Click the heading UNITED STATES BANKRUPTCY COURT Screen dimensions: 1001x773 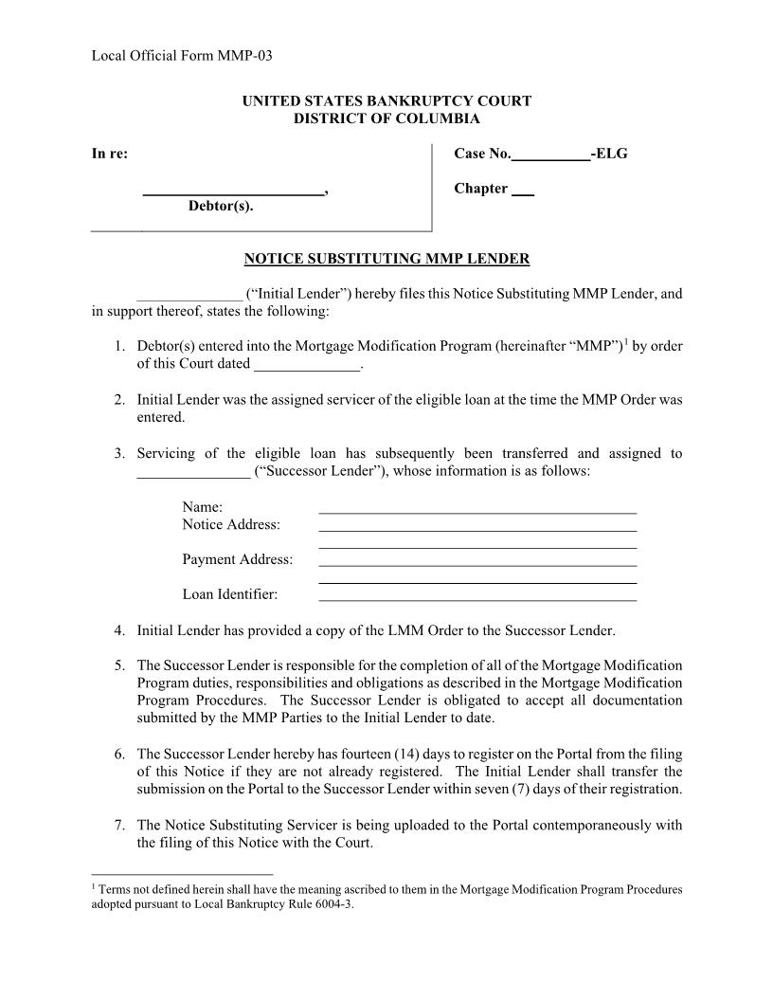(x=386, y=100)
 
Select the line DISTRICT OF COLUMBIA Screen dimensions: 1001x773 (x=386, y=118)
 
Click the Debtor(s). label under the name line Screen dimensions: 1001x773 (x=221, y=206)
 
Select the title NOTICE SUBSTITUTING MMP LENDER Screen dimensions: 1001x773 (x=386, y=258)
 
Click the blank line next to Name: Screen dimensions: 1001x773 (x=477, y=510)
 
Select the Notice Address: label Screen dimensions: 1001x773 (x=231, y=524)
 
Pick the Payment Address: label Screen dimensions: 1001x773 (x=238, y=559)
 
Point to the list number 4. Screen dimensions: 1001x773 (x=119, y=629)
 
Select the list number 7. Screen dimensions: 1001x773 (x=119, y=825)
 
